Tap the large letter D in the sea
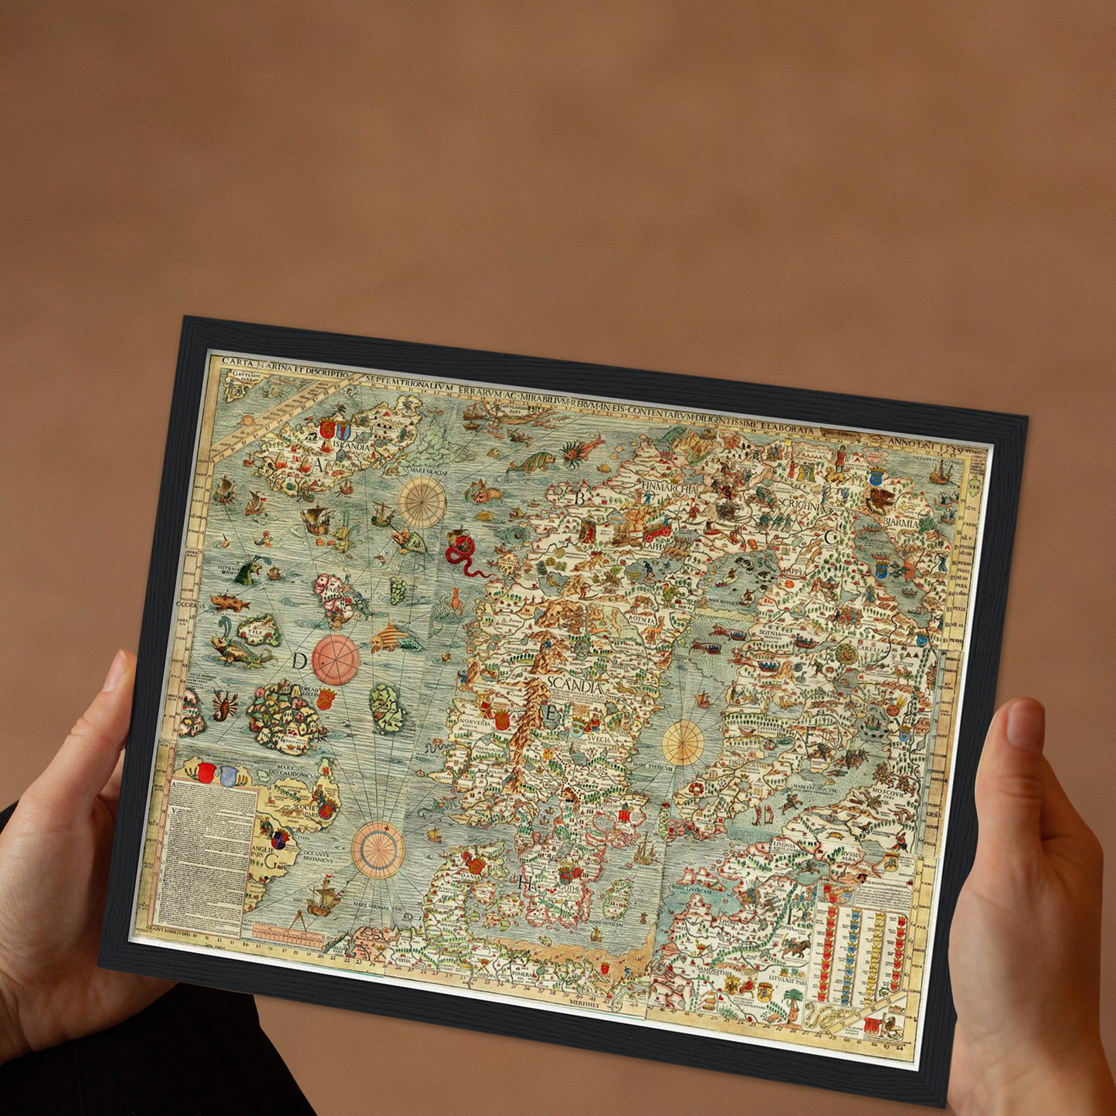[x=300, y=661]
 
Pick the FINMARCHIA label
[x=668, y=489]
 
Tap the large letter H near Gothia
[x=527, y=883]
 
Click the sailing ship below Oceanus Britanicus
[x=327, y=897]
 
